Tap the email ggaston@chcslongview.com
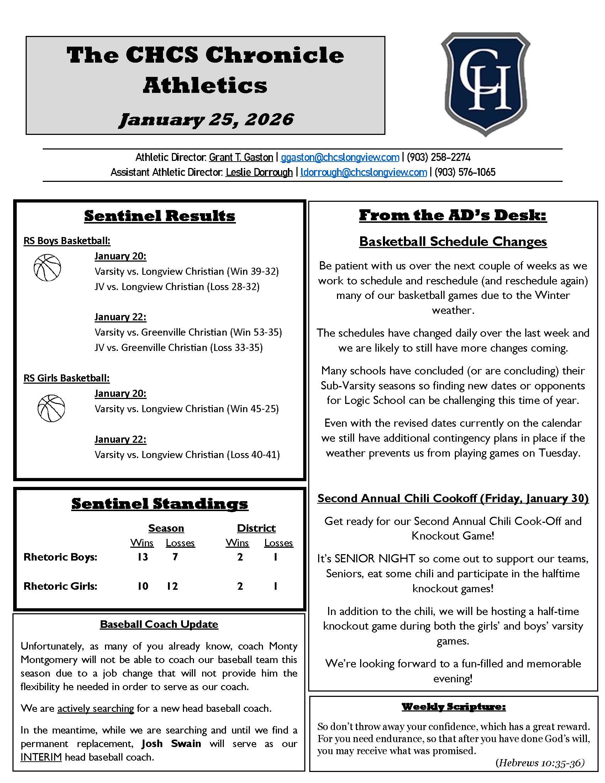pos(340,157)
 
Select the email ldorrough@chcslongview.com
pos(363,173)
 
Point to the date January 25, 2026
pos(206,119)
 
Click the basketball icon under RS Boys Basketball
pos(47,267)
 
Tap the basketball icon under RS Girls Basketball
pos(51,408)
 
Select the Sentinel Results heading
pos(160,216)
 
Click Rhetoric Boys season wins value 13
pos(142,557)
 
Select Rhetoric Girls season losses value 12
pos(172,586)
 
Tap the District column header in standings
pos(256,528)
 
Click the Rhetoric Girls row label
pos(60,586)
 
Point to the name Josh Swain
pos(171,743)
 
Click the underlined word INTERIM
pos(41,757)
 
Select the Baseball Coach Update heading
pos(159,624)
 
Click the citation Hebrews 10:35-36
pos(540,763)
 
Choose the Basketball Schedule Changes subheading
pos(453,242)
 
